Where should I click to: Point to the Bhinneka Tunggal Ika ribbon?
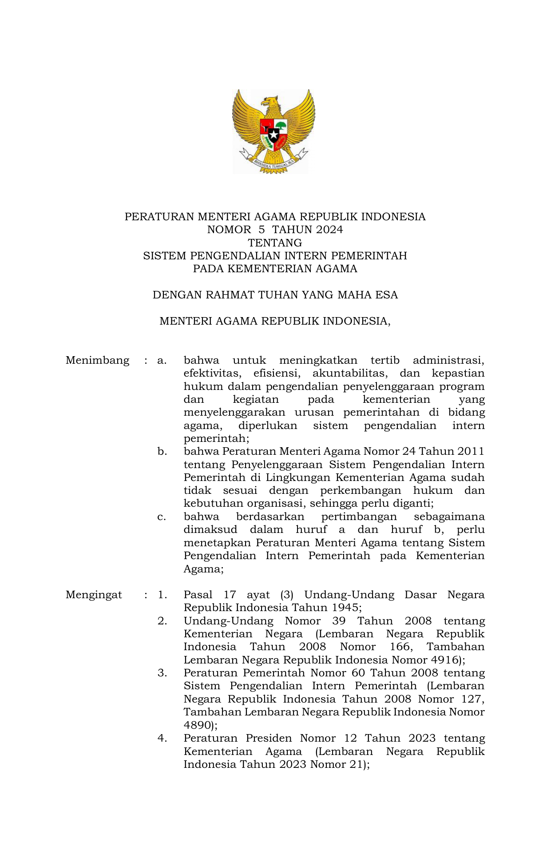pos(274,163)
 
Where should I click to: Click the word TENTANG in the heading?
pos(275,243)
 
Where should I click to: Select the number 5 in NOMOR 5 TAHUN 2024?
pos(262,230)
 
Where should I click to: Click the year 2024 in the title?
pos(327,230)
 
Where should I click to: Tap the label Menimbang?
pos(97,360)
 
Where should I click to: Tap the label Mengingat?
pos(94,595)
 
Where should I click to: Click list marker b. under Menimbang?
pos(162,452)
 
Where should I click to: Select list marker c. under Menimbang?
pos(162,517)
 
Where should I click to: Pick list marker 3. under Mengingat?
pos(162,673)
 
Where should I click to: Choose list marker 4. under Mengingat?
pos(162,739)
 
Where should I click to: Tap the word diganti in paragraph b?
pos(411,504)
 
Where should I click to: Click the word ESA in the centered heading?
pos(386,295)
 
